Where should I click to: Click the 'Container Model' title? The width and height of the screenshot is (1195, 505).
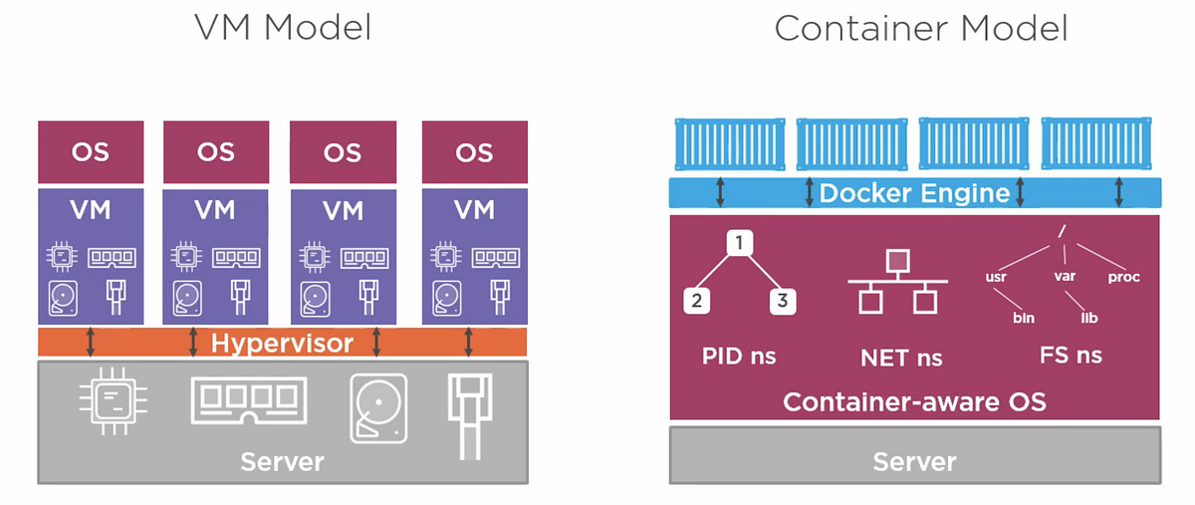tap(920, 27)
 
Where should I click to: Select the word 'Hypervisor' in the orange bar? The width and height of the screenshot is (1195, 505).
tap(282, 344)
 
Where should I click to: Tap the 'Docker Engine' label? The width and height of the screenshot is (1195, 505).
tap(914, 192)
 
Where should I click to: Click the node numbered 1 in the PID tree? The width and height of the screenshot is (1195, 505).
tap(738, 242)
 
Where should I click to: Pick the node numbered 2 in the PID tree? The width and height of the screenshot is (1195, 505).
tap(696, 300)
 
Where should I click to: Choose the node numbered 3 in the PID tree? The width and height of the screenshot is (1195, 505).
tap(782, 300)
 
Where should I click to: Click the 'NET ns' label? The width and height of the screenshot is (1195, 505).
tap(900, 357)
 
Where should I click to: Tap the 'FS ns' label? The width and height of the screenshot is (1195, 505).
tap(1070, 356)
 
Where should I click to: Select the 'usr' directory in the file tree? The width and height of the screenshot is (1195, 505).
tap(997, 277)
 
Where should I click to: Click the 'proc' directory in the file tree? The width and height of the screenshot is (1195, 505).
tap(1123, 277)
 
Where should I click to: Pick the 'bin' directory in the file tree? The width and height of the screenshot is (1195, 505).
tap(1023, 317)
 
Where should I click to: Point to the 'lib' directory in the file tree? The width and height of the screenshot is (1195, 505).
tap(1088, 317)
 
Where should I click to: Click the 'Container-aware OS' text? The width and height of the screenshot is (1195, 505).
tap(914, 402)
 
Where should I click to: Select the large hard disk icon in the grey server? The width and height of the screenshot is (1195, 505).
tap(377, 407)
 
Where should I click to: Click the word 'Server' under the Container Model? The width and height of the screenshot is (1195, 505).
tap(914, 462)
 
